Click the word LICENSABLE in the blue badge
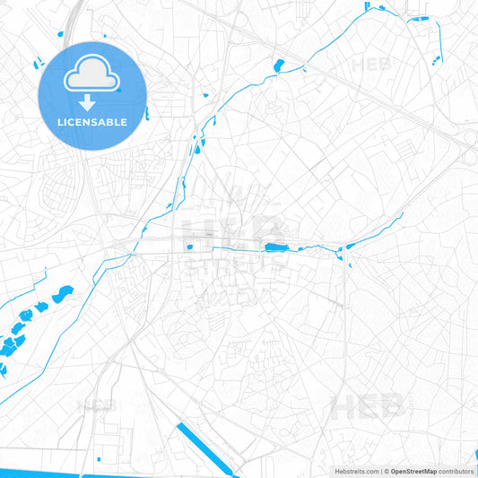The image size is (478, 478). (92, 121)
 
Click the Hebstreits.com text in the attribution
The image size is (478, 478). (356, 471)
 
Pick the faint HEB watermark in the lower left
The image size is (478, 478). (94, 404)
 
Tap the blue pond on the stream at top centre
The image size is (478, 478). (278, 65)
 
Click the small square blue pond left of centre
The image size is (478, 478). (189, 247)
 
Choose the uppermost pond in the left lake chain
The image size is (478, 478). (63, 294)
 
